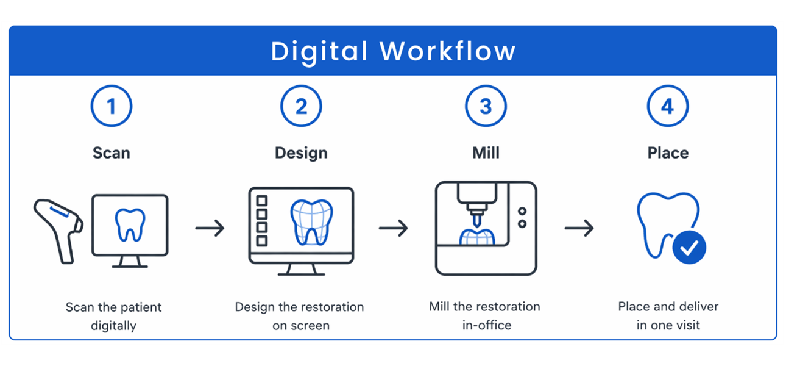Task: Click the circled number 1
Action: point(112,107)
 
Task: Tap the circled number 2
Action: point(301,107)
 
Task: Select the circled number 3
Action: point(486,107)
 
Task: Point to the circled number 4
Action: point(668,107)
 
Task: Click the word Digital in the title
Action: point(319,51)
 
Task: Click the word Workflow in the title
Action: point(448,51)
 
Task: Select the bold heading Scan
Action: point(112,152)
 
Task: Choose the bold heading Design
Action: point(301,152)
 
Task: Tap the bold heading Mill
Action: point(486,152)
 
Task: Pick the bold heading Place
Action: point(668,152)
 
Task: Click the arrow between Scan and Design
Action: point(210,229)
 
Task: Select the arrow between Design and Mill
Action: point(394,229)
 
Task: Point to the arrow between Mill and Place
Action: point(579,229)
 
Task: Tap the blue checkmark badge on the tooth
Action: point(690,248)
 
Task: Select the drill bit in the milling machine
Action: point(475,217)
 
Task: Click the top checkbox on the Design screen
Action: point(262,201)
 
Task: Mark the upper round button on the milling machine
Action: point(522,211)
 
